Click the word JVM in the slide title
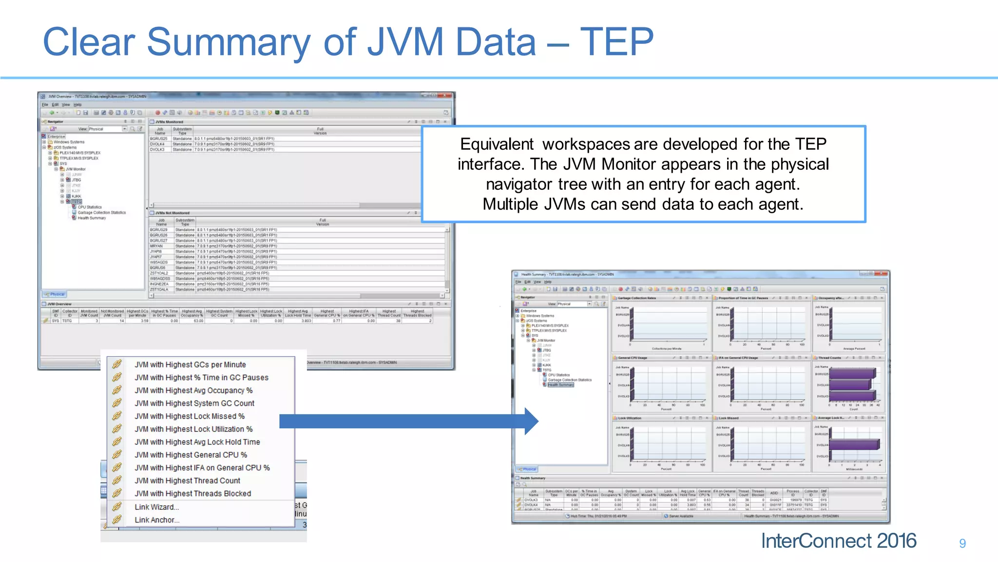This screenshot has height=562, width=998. pyautogui.click(x=405, y=42)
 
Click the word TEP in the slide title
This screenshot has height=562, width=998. pyautogui.click(x=616, y=42)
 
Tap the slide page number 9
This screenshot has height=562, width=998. pyautogui.click(x=962, y=543)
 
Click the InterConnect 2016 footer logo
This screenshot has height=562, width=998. pyautogui.click(x=838, y=541)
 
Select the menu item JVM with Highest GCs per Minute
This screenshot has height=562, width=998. pyautogui.click(x=190, y=364)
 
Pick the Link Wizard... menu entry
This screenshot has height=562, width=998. pyautogui.click(x=156, y=507)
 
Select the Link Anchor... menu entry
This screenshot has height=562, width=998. pyautogui.click(x=157, y=520)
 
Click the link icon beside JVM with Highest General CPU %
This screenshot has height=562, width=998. pyautogui.click(x=117, y=455)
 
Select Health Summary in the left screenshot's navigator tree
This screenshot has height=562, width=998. pyautogui.click(x=92, y=218)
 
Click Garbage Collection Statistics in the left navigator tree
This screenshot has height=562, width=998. pyautogui.click(x=101, y=213)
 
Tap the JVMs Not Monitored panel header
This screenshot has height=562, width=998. pyautogui.click(x=169, y=213)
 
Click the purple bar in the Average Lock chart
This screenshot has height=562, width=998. pyautogui.click(x=854, y=444)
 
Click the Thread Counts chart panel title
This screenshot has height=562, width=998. pyautogui.click(x=829, y=358)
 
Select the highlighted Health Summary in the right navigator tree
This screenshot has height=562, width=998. pyautogui.click(x=560, y=385)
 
